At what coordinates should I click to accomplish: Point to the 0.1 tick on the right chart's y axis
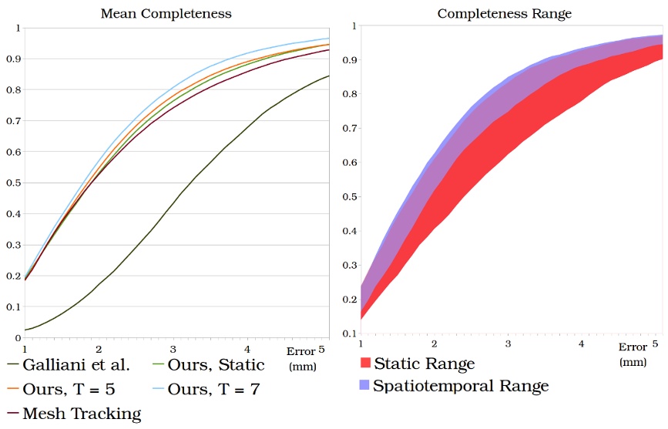pos(347,334)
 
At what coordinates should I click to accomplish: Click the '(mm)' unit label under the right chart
pos(633,361)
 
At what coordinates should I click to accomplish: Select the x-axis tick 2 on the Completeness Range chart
pos(435,344)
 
